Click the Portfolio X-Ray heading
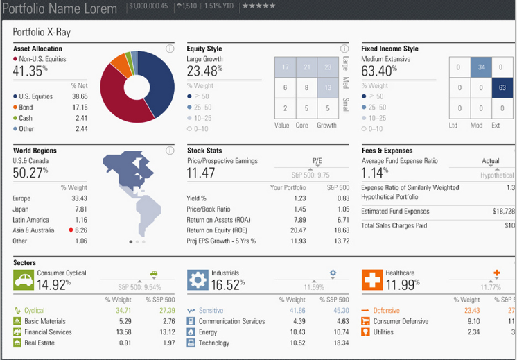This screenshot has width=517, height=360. (x=42, y=32)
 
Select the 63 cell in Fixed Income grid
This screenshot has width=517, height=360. (x=502, y=88)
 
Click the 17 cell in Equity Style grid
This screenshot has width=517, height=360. (x=286, y=67)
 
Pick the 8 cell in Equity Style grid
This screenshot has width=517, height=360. (x=306, y=88)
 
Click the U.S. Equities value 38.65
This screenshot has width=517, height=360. (x=80, y=96)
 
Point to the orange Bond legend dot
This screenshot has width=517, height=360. (x=15, y=108)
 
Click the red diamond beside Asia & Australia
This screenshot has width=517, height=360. (x=71, y=230)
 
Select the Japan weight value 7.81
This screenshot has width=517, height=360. (x=80, y=209)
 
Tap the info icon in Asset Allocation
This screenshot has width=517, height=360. (x=170, y=49)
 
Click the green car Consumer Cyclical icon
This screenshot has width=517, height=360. (x=24, y=280)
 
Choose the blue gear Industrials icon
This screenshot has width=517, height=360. (x=198, y=280)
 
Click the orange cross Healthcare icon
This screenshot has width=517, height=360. (x=372, y=280)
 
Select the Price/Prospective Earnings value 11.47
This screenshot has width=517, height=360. (x=202, y=173)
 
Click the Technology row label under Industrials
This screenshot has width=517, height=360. (x=214, y=342)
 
